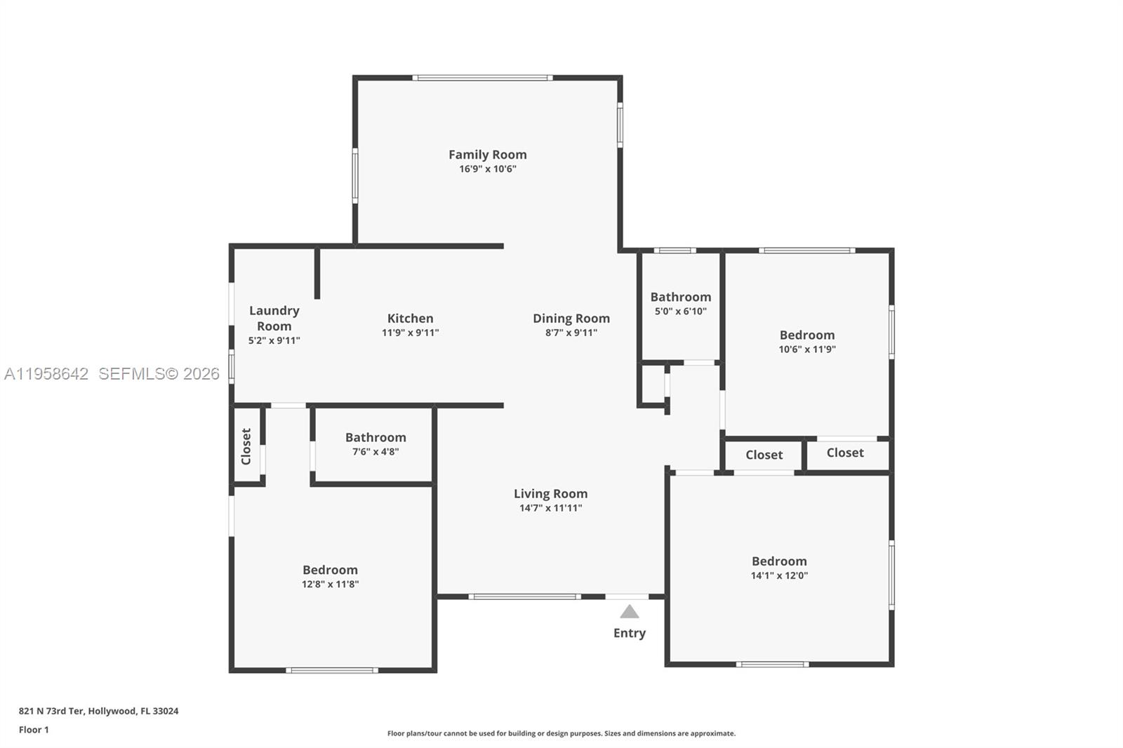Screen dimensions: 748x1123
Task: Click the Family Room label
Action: pos(487,154)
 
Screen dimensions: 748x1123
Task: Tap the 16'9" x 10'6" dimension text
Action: pos(488,169)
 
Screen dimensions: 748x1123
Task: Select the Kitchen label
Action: pos(410,318)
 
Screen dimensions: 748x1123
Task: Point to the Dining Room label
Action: pos(571,318)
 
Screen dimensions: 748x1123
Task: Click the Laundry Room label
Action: pos(274,318)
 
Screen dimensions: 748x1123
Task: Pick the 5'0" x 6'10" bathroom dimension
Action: pos(680,312)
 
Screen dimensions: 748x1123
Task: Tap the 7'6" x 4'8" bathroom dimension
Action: pos(376,452)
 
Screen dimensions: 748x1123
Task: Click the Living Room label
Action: pos(550,493)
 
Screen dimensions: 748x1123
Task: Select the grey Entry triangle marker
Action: pos(630,612)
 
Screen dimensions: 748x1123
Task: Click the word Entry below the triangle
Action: pos(629,633)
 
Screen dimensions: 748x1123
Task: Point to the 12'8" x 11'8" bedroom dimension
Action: pos(330,585)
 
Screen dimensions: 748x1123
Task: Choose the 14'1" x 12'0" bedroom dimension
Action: pos(779,576)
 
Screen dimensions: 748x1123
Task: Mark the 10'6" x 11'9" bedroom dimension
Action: pos(807,349)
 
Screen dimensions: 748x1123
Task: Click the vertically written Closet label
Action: pos(246,446)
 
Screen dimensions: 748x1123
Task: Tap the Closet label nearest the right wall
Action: pos(844,453)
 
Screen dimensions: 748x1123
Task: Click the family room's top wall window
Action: pos(482,78)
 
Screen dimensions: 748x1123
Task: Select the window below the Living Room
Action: pos(524,596)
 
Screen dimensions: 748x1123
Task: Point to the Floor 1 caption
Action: pos(34,730)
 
